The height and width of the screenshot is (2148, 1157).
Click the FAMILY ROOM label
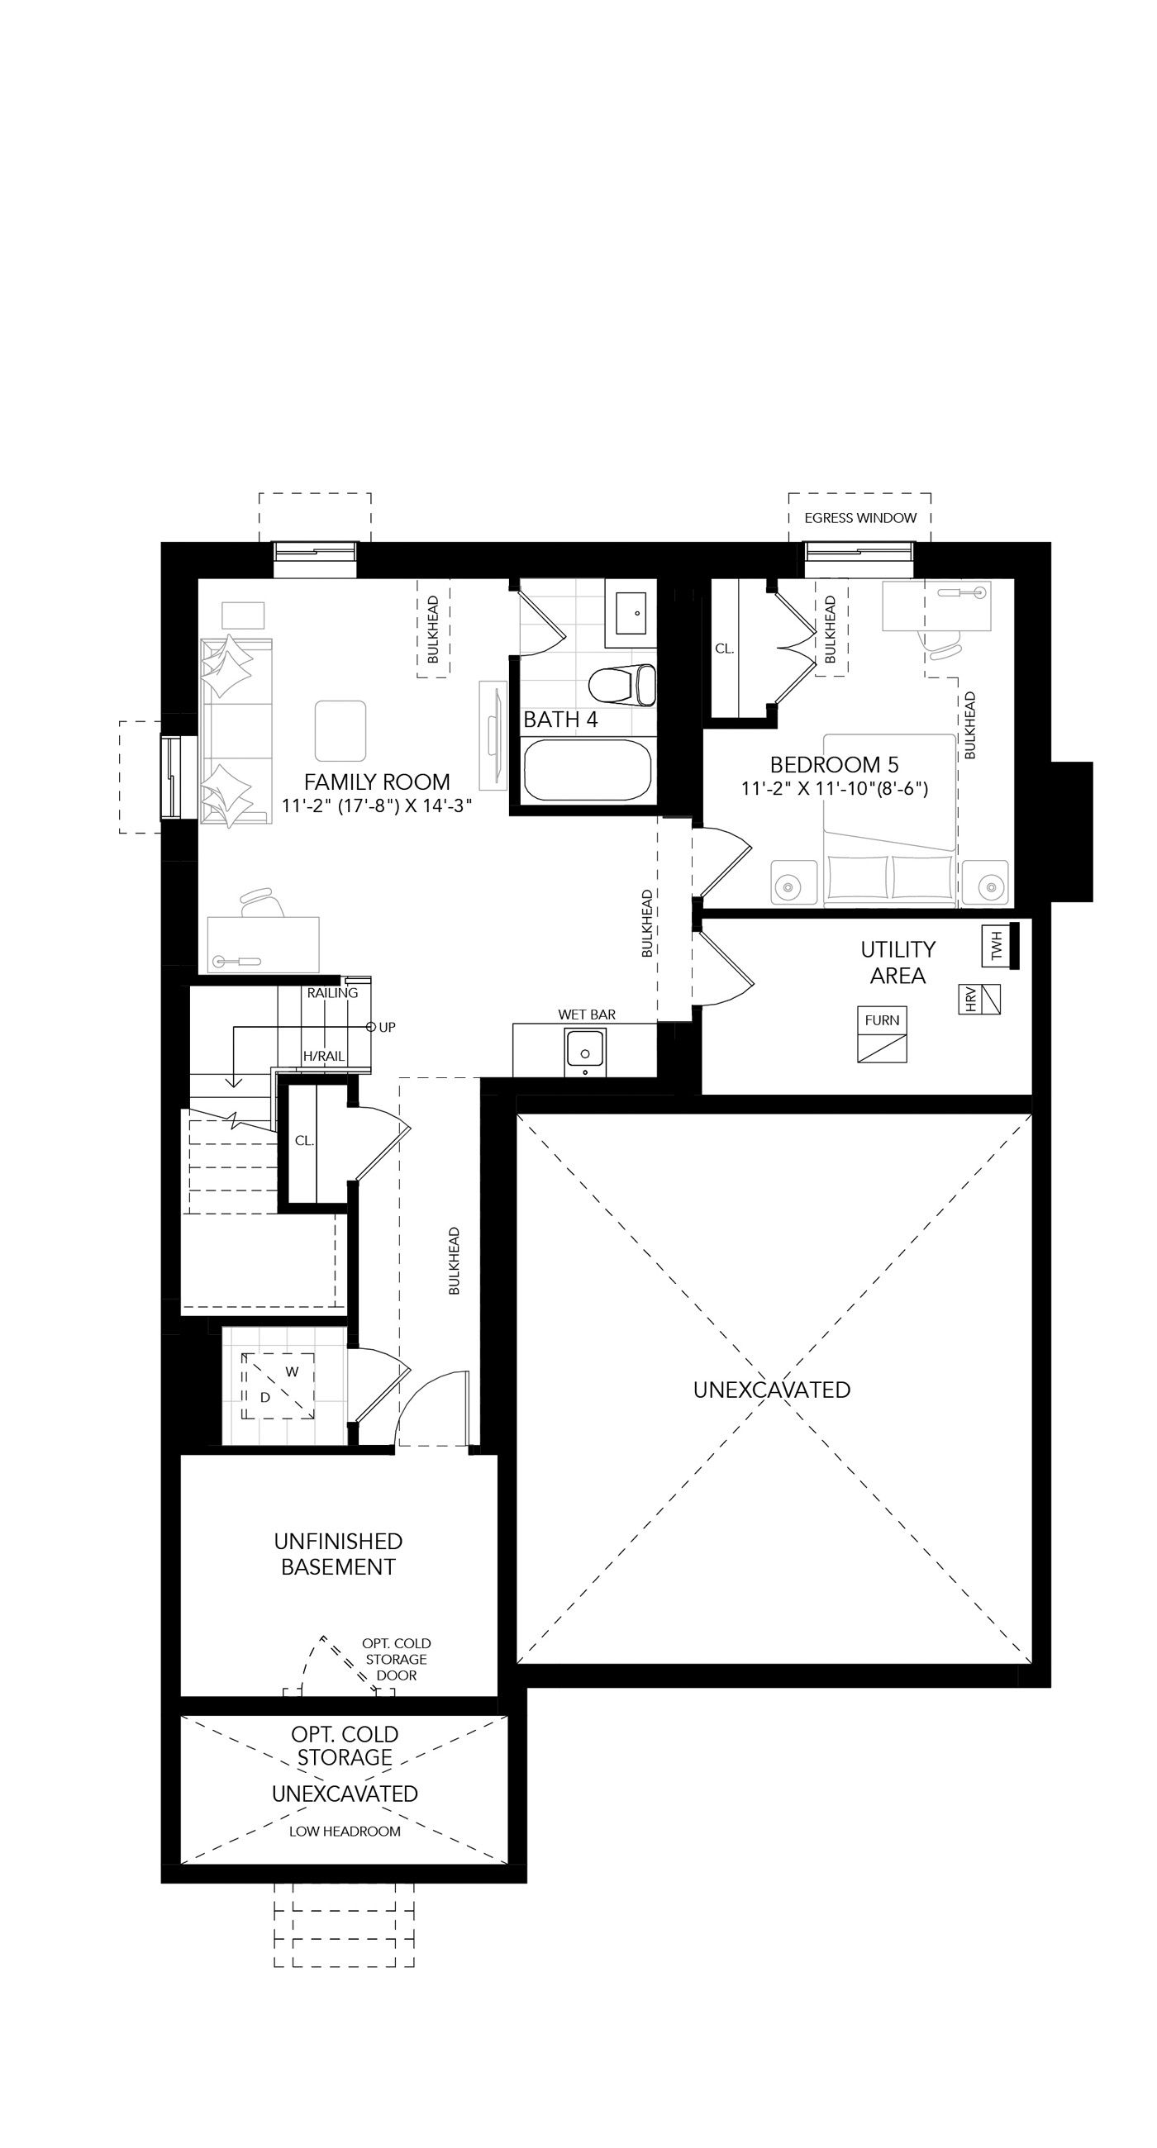pos(377,782)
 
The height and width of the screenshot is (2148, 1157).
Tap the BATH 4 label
pos(560,720)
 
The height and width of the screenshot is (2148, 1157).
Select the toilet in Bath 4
pos(621,685)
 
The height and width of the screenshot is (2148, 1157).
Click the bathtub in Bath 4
pos(588,770)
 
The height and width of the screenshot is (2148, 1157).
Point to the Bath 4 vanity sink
pos(636,613)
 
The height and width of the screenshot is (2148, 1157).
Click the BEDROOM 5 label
pos(835,764)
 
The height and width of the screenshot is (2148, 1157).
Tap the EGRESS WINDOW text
pos(860,518)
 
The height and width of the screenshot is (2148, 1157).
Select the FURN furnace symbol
pos(882,1034)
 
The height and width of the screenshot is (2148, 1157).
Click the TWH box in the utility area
pos(996,945)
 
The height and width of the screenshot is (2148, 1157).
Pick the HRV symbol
pos(979,999)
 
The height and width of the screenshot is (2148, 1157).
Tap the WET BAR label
pos(588,1014)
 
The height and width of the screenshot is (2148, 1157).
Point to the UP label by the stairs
pos(387,1027)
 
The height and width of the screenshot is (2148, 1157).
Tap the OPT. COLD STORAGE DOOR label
pos(396,1660)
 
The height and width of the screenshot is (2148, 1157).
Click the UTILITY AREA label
pos(898,962)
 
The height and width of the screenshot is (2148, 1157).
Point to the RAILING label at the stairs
pos(332,993)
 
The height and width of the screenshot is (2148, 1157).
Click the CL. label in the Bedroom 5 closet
pos(724,649)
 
